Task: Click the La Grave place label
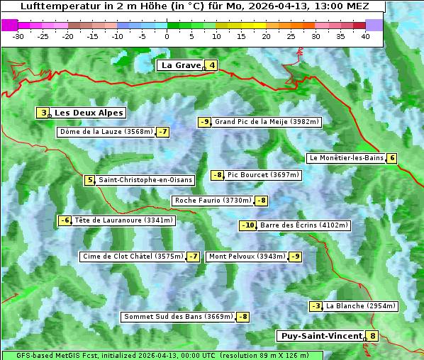click(x=181, y=65)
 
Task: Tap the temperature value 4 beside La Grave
click(x=211, y=66)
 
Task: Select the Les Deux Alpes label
click(x=89, y=113)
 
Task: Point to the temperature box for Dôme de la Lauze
click(x=163, y=132)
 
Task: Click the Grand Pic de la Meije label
click(x=267, y=122)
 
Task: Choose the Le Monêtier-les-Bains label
click(x=345, y=158)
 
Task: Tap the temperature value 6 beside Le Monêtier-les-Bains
click(x=391, y=158)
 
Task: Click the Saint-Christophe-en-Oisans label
click(x=145, y=180)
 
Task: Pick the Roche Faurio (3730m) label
click(x=213, y=201)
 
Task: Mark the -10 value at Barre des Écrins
click(x=247, y=225)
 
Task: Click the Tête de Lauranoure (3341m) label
click(x=123, y=220)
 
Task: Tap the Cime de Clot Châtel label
click(x=132, y=257)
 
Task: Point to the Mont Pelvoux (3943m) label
click(x=247, y=257)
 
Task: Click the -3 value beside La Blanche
click(x=316, y=306)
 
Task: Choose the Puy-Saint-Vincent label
click(x=321, y=336)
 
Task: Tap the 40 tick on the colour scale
click(x=365, y=36)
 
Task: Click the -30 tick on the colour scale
click(x=18, y=36)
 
